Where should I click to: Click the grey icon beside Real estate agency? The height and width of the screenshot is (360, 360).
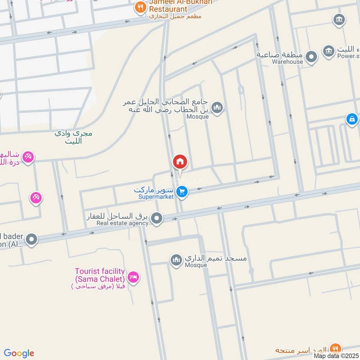157,219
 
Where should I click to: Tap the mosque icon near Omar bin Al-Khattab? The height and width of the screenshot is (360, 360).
217,108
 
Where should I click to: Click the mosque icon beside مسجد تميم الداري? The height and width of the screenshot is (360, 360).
176,260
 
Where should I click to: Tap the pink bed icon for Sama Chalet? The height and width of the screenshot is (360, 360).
133,278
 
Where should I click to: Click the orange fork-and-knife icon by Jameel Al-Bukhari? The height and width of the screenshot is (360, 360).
140,7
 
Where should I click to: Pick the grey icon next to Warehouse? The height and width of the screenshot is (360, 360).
310,57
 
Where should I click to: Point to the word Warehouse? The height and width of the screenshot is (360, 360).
287,62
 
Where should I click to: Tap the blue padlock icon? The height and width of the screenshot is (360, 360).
352,119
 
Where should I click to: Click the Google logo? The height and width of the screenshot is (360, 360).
19,353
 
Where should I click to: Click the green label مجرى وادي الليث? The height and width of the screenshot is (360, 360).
74,137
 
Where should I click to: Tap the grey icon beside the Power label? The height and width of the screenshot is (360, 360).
329,50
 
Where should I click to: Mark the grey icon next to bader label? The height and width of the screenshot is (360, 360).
31,240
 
